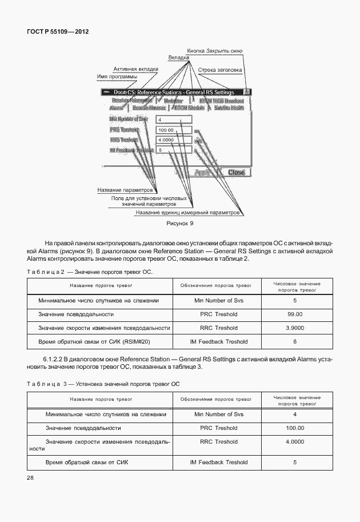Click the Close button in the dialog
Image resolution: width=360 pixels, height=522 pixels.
(x=236, y=172)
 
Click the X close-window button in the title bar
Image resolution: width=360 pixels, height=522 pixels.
(x=247, y=91)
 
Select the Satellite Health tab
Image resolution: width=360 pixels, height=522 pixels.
(x=232, y=107)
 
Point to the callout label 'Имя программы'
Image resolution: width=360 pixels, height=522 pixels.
(x=117, y=77)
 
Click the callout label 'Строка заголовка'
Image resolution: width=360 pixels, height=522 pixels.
(x=220, y=70)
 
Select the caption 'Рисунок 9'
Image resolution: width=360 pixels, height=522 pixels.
(x=180, y=224)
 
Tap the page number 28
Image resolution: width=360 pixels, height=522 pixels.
(x=30, y=477)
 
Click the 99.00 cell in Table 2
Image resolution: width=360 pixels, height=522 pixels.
(x=295, y=314)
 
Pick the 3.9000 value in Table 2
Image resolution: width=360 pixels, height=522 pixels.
(x=295, y=328)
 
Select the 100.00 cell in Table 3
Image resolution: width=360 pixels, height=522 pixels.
(x=295, y=428)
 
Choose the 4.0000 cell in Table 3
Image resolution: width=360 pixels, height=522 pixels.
(x=295, y=441)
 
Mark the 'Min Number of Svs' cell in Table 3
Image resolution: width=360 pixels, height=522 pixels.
(x=219, y=414)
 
